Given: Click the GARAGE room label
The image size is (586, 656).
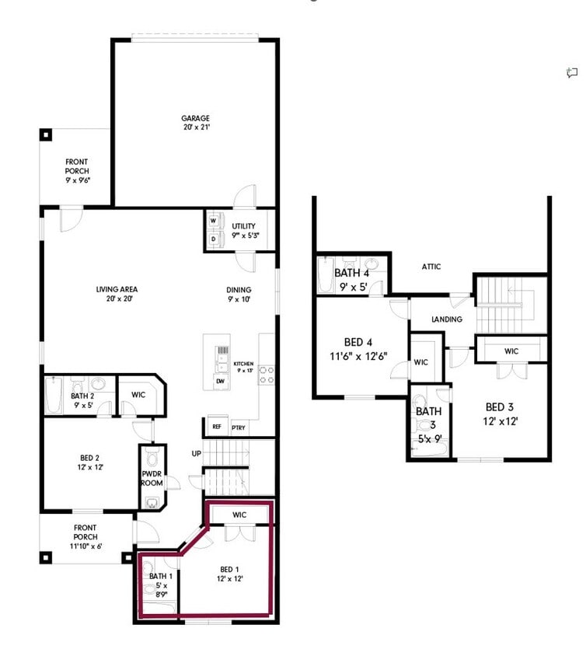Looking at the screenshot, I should (195, 118).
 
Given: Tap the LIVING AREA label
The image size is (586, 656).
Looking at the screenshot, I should (117, 289).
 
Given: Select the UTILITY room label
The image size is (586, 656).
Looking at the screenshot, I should (244, 226).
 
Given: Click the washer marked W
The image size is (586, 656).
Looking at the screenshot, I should (212, 220).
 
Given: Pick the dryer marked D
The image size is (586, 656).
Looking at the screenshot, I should (212, 239).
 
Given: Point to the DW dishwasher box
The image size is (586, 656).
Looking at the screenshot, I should (220, 381).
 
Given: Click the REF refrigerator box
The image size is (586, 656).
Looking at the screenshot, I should (215, 427).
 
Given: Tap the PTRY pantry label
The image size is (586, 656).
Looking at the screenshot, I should (239, 427).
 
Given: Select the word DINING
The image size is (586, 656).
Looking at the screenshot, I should (239, 290).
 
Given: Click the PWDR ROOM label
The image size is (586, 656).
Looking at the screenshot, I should (152, 479).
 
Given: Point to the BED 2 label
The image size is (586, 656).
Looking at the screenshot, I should (89, 458).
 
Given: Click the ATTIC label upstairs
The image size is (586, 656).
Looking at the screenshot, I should (431, 267).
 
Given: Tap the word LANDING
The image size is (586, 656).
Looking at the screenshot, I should (446, 319).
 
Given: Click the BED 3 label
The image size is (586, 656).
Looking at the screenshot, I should (501, 407).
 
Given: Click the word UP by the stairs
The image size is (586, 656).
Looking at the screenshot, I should (197, 453).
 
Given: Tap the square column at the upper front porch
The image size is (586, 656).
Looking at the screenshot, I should (46, 134).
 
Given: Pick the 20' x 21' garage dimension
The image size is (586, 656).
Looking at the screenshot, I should (195, 128).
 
